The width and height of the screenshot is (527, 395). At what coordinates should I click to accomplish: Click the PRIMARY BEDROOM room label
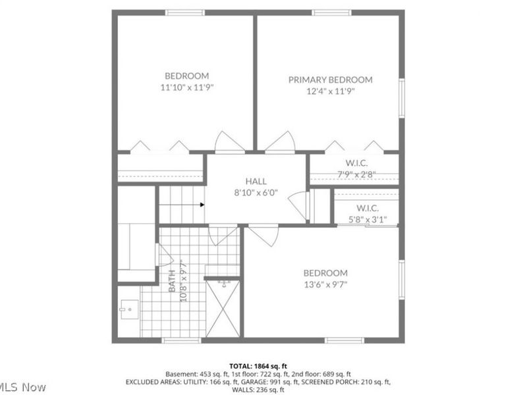click(x=330, y=80)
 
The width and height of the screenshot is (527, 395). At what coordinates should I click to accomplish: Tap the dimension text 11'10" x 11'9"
click(x=187, y=87)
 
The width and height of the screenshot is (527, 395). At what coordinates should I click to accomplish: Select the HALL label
click(x=256, y=181)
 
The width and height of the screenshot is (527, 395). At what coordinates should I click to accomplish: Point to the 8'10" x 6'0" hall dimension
click(x=256, y=193)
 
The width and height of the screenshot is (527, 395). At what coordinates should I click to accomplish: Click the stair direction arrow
click(x=202, y=204)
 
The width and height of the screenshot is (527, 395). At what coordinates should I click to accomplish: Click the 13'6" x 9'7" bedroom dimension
click(x=325, y=284)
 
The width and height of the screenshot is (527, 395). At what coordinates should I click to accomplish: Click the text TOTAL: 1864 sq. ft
click(x=258, y=365)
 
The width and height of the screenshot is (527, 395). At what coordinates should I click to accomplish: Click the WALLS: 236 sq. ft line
click(x=258, y=389)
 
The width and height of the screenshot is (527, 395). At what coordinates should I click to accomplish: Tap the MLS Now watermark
click(x=23, y=387)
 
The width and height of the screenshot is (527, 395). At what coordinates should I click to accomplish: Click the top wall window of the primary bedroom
click(x=331, y=12)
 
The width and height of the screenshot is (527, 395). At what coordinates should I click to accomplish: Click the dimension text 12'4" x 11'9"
click(x=330, y=92)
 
